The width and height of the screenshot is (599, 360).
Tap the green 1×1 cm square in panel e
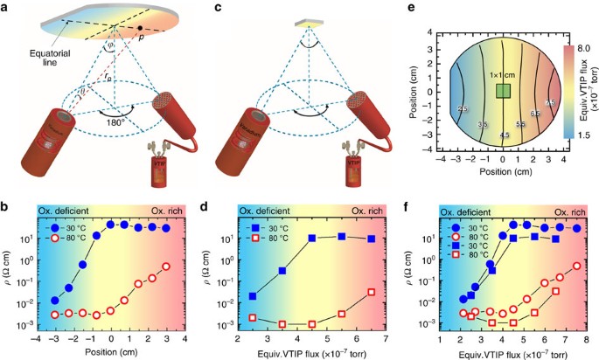point(503,92)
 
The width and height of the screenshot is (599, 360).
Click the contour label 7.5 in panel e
point(550,103)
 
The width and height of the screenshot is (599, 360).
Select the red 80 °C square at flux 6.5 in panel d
point(371,292)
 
